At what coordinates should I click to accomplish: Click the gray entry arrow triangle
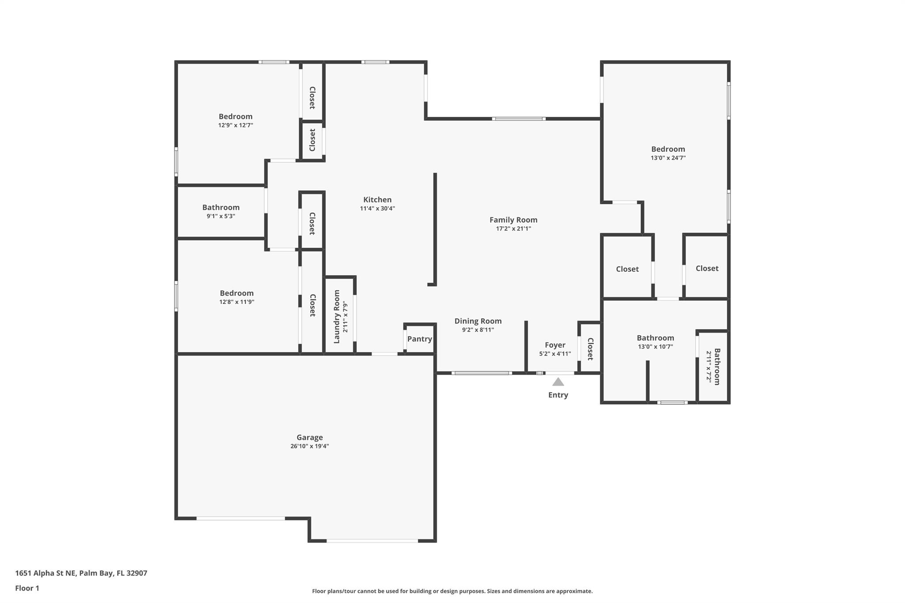[558, 382]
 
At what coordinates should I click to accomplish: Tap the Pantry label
[419, 339]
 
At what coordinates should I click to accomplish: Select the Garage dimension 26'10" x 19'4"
[309, 446]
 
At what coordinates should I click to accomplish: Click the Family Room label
[513, 220]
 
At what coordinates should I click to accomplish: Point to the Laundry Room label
[337, 316]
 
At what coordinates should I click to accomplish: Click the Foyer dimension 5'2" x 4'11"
[555, 354]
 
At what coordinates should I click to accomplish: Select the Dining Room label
[478, 321]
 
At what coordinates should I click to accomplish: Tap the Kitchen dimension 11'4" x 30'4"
[377, 209]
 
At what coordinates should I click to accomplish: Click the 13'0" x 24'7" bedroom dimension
[668, 158]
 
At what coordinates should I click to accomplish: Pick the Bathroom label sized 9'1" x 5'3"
[221, 207]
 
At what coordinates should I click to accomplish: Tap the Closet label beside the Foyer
[590, 349]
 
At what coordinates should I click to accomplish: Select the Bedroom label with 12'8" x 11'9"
[236, 293]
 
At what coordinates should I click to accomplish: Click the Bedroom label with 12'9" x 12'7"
[236, 116]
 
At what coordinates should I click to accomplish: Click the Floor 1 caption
[27, 588]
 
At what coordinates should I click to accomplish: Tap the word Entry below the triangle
[558, 395]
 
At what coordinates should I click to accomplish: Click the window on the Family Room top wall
[519, 118]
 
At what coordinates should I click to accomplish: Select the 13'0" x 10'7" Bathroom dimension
[655, 347]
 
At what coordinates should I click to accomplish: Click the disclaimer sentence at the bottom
[452, 591]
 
